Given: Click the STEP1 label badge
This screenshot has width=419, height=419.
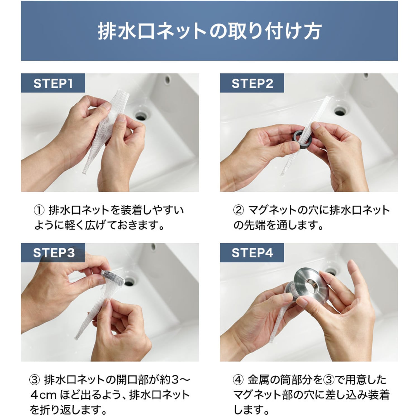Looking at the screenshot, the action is (x=53, y=83).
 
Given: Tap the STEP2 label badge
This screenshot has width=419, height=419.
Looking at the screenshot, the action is (x=252, y=83).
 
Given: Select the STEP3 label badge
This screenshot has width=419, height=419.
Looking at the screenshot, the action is (x=53, y=253).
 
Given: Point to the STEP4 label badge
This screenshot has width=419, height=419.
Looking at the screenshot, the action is (x=252, y=253).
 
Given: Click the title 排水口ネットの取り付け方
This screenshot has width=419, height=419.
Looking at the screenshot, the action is (x=209, y=31).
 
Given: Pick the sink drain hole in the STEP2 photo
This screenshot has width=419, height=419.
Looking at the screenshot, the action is (x=340, y=111).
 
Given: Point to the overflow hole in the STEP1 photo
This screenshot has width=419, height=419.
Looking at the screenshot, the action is (x=168, y=79).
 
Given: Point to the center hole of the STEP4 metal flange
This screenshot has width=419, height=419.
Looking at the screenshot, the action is (x=311, y=287).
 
